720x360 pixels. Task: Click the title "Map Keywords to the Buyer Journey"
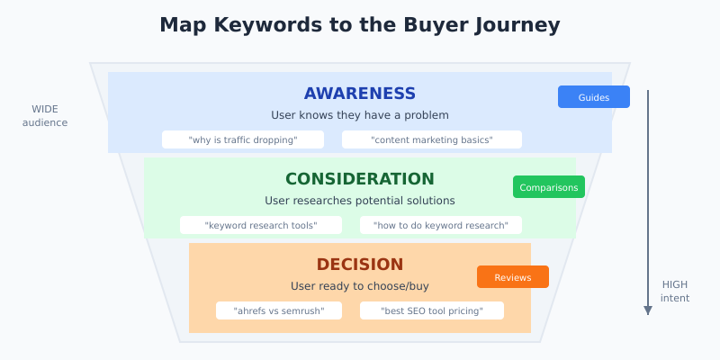click(x=360, y=25)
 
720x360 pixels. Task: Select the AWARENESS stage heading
click(x=360, y=94)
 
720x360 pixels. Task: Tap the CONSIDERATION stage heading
click(x=360, y=179)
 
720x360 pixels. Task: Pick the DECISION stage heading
click(x=360, y=265)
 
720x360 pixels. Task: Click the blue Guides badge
click(x=594, y=97)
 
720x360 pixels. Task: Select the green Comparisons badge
click(x=549, y=187)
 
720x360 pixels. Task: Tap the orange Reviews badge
click(x=513, y=277)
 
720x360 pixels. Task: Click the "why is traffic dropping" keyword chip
click(x=243, y=139)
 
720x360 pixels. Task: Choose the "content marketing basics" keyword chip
click(x=432, y=139)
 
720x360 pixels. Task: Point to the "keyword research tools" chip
click(x=261, y=225)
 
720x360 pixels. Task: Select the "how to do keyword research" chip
click(x=441, y=225)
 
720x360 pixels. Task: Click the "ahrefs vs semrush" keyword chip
click(x=279, y=310)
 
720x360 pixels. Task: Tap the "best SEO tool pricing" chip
click(x=432, y=310)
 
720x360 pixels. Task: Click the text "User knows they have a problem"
click(x=360, y=115)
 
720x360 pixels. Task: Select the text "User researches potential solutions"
click(x=360, y=201)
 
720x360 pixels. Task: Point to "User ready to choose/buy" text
click(x=360, y=286)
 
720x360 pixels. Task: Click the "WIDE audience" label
click(x=45, y=115)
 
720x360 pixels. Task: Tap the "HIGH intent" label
click(x=675, y=291)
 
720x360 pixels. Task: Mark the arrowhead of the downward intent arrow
click(x=647, y=310)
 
